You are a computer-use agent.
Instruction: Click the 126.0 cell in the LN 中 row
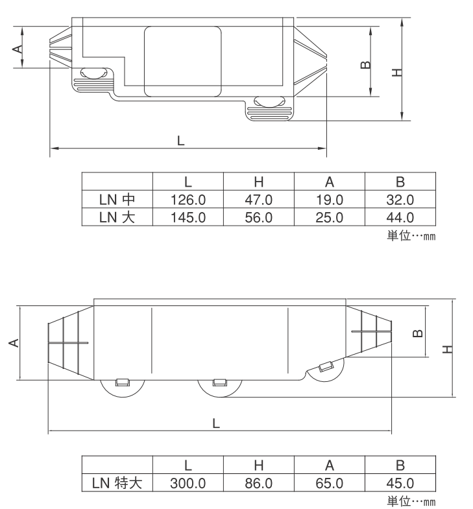pyautogui.click(x=188, y=200)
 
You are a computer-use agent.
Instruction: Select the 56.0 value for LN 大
pyautogui.click(x=259, y=217)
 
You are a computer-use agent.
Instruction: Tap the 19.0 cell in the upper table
pyautogui.click(x=330, y=200)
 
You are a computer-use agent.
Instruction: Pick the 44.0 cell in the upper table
pyautogui.click(x=400, y=217)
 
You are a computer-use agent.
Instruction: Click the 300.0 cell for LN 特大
pyautogui.click(x=188, y=483)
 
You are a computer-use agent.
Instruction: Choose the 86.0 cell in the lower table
pyautogui.click(x=259, y=483)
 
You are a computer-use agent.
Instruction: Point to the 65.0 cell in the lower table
pyautogui.click(x=330, y=483)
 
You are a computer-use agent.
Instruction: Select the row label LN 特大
pyautogui.click(x=117, y=483)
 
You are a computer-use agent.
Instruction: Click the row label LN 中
pyautogui.click(x=117, y=199)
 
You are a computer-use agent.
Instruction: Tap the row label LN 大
pyautogui.click(x=117, y=217)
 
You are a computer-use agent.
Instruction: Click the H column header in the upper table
pyautogui.click(x=259, y=182)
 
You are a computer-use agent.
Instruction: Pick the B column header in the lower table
pyautogui.click(x=400, y=466)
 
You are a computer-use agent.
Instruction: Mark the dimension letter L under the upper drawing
pyautogui.click(x=180, y=141)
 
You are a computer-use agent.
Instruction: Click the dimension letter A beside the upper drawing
pyautogui.click(x=18, y=49)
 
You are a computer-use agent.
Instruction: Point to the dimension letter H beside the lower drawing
pyautogui.click(x=447, y=349)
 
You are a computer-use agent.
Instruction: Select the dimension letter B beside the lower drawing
pyautogui.click(x=418, y=333)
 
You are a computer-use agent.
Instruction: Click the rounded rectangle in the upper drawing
pyautogui.click(x=183, y=62)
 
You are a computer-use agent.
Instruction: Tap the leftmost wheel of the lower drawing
pyautogui.click(x=123, y=388)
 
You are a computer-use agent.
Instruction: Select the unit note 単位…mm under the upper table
pyautogui.click(x=411, y=235)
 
